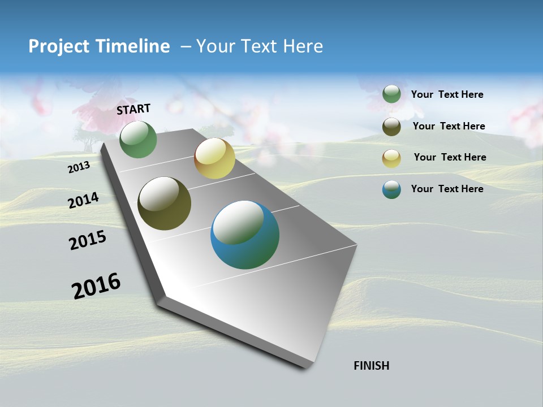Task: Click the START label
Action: pos(133,109)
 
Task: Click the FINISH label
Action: pos(371,366)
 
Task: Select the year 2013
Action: pos(79,167)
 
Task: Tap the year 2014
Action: pos(84,200)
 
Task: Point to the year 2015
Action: pos(88,240)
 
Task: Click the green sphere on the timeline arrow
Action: pos(138,140)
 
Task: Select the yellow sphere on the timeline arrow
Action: pos(214,158)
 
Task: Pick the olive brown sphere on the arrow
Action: pos(164,203)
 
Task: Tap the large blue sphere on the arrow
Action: pos(245,235)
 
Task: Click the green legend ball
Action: pos(391,94)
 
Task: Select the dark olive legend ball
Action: pos(391,127)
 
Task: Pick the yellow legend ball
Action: pos(391,158)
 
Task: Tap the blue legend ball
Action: pos(391,189)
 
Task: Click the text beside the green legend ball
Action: pos(447,95)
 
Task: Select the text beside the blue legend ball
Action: pos(447,189)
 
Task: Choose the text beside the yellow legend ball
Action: pos(450,157)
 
